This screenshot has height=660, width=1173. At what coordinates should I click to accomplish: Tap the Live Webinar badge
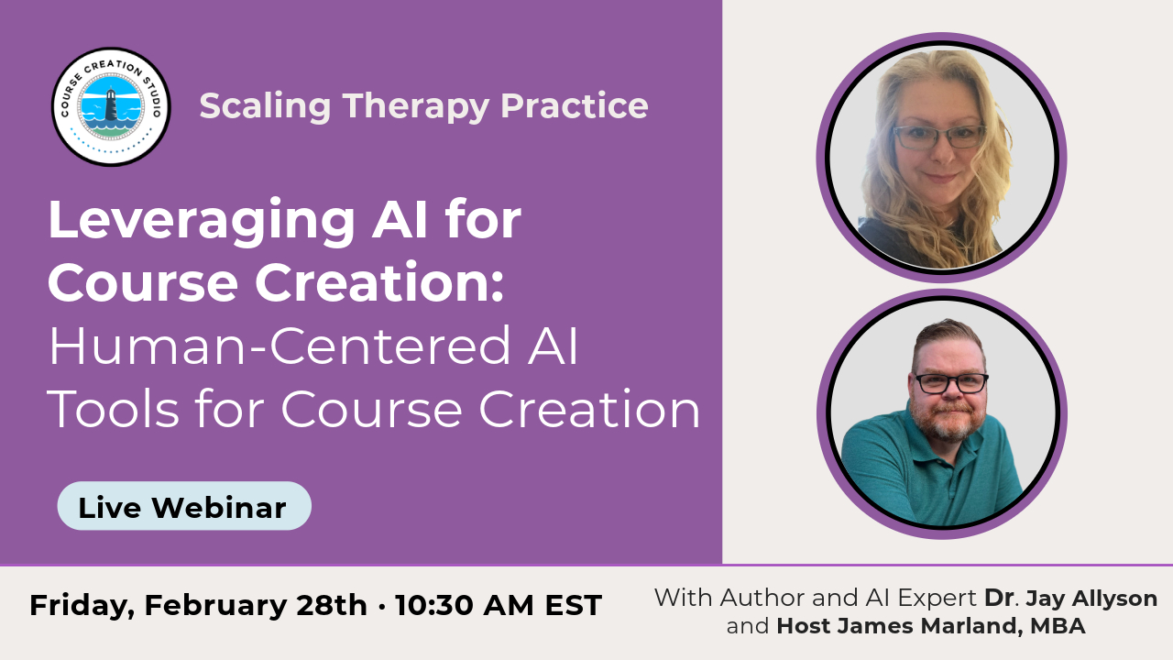184,506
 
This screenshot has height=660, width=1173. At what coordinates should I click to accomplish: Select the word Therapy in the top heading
416,108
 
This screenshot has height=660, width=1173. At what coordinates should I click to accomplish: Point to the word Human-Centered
280,346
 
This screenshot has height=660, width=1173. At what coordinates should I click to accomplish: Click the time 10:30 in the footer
435,606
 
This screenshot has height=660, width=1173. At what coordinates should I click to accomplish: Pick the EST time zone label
574,606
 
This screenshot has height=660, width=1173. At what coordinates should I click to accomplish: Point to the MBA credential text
1058,626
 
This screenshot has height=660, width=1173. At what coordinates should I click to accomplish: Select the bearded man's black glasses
951,383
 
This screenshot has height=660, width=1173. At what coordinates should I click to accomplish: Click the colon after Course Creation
498,287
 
